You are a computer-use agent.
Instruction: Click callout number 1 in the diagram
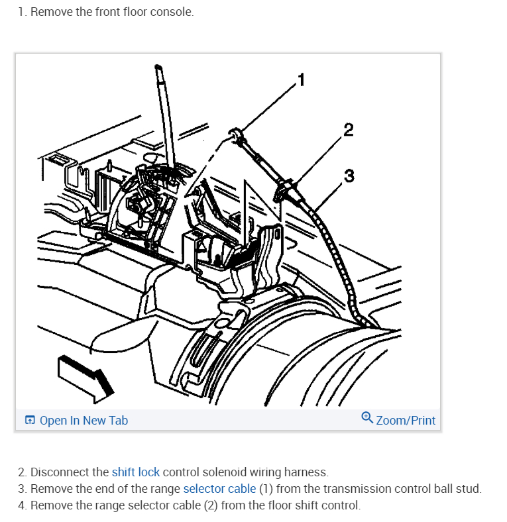302,80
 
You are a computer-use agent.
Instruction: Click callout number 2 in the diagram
349,129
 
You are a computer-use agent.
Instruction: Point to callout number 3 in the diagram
349,176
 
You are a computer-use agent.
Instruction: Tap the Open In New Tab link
84,421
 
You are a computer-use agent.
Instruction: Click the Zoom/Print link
406,421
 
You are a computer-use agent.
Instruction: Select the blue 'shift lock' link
135,472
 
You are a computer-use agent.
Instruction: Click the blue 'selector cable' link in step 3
219,489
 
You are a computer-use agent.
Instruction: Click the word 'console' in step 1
173,13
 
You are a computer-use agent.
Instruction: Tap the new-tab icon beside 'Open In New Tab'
30,421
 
